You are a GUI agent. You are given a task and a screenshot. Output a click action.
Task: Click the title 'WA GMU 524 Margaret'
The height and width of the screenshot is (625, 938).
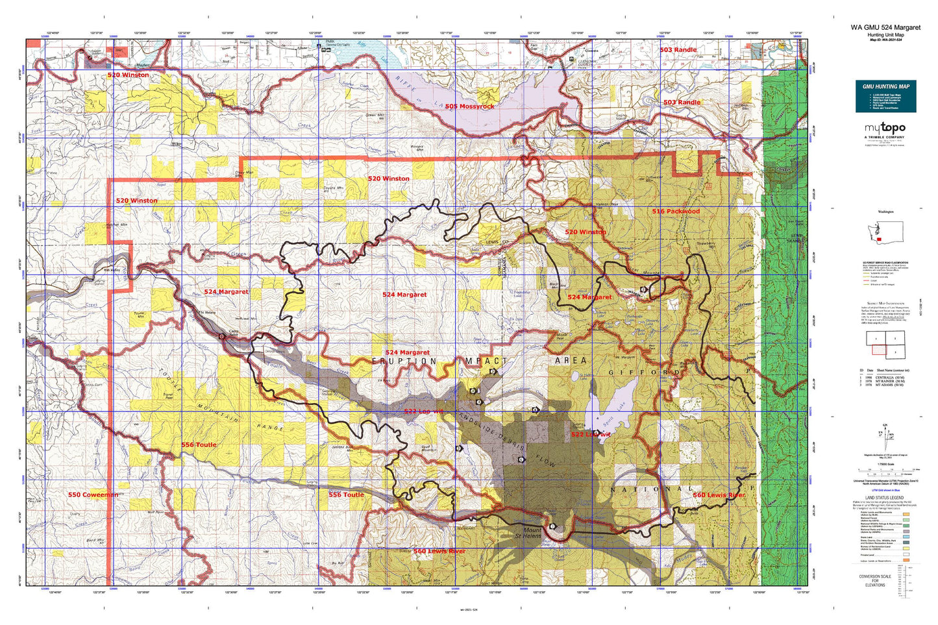pyautogui.click(x=885, y=28)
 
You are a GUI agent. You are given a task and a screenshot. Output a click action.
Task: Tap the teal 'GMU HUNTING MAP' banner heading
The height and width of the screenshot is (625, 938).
pyautogui.click(x=885, y=86)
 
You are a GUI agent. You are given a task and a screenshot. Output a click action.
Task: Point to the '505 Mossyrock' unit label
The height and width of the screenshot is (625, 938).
pyautogui.click(x=469, y=106)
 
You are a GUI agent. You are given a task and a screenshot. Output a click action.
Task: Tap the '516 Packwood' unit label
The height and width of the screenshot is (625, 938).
pyautogui.click(x=676, y=212)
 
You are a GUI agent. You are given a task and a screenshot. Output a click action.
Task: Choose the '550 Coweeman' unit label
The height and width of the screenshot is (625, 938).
pyautogui.click(x=93, y=495)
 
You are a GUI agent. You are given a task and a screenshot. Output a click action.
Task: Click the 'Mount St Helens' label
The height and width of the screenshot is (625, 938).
pyautogui.click(x=528, y=533)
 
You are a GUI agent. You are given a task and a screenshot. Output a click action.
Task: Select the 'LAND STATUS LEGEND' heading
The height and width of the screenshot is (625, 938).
pyautogui.click(x=885, y=498)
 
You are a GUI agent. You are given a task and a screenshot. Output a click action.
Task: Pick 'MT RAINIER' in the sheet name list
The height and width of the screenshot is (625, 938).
pyautogui.click(x=889, y=380)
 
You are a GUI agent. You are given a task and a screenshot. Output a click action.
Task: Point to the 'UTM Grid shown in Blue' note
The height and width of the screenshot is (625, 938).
pyautogui.click(x=885, y=491)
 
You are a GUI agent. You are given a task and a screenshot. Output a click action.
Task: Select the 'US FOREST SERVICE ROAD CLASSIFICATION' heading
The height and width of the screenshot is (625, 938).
pyautogui.click(x=885, y=263)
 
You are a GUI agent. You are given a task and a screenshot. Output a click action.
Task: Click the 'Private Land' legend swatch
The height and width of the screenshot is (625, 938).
pyautogui.click(x=906, y=554)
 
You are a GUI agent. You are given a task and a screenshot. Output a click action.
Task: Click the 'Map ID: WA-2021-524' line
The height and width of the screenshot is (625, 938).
pyautogui.click(x=885, y=40)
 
